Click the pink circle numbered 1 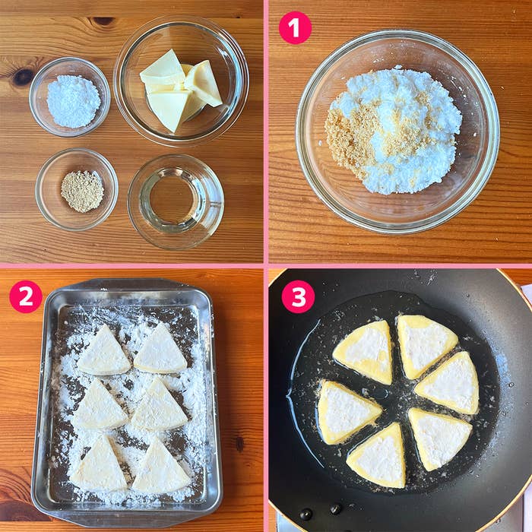[295, 28]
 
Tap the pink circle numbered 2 [26, 296]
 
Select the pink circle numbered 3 [298, 296]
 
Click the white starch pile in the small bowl [74, 101]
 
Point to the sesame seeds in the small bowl [82, 192]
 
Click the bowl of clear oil [176, 202]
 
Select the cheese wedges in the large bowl [181, 90]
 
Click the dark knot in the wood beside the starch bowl [23, 77]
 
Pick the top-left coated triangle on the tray [103, 351]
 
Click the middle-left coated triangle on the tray [100, 405]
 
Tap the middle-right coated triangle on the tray [160, 404]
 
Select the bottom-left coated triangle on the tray [99, 464]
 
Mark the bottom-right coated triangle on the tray [161, 466]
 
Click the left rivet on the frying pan [306, 515]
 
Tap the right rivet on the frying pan [336, 508]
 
